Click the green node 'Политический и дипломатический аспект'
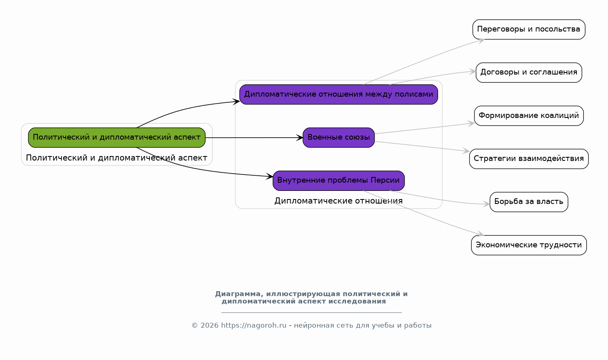coord(117,138)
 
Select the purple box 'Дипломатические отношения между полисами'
coord(339,95)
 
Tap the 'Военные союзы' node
coord(339,138)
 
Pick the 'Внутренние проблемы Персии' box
coord(339,181)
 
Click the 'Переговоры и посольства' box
coord(529,29)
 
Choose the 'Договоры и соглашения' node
coord(529,73)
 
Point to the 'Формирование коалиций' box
coord(529,116)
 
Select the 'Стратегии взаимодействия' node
coord(529,159)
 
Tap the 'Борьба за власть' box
coord(529,202)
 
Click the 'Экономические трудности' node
coord(529,245)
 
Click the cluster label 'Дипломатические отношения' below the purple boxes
coord(339,201)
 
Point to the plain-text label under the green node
coord(117,158)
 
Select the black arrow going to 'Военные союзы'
coord(254,138)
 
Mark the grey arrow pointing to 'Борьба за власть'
coord(440,199)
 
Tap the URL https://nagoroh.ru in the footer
coord(253,325)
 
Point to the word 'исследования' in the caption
coord(357,301)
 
